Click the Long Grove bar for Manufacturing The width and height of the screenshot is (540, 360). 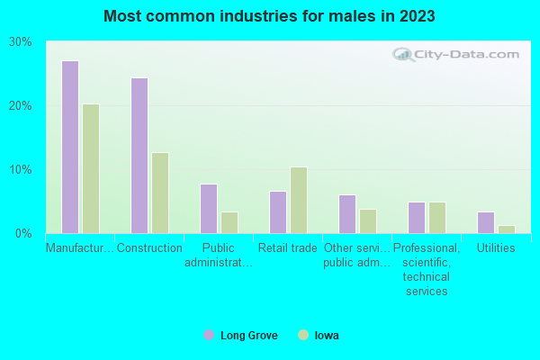69,148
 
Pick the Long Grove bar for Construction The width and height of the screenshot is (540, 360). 139,156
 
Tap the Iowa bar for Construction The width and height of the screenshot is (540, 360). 160,193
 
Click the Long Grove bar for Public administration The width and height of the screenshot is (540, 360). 209,209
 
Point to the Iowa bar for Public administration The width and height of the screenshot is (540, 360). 229,222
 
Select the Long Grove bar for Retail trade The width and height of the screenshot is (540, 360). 278,212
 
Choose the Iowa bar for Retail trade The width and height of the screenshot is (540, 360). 299,200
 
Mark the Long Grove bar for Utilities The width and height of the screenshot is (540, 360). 486,222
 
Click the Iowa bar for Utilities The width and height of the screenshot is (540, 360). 507,229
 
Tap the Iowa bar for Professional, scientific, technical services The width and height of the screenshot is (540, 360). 437,218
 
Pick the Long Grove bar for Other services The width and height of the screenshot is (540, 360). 347,214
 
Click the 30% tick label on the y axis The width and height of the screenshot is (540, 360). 21,42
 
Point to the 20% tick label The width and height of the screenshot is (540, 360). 21,106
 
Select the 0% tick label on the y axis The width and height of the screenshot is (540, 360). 23,234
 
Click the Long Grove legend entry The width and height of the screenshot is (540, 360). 240,336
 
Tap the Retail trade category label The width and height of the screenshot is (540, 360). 287,248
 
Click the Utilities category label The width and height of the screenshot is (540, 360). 496,248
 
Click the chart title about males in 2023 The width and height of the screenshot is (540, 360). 270,17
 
